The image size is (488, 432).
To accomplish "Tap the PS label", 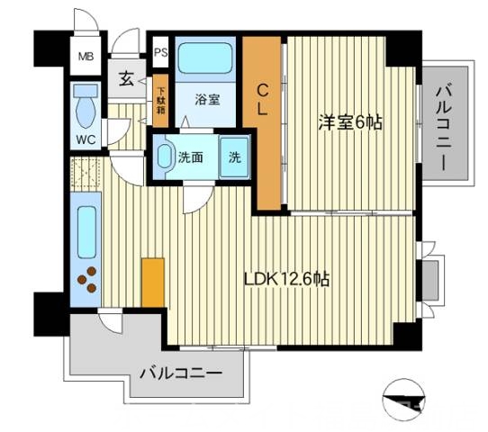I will pos(160,52).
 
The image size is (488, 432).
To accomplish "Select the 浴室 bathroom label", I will pos(207,100).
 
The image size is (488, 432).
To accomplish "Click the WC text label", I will pos(86,139).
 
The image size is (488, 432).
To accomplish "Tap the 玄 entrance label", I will pos(125,77).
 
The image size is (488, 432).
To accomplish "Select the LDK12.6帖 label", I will pos(286,279).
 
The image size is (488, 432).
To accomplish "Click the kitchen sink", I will pos(87,230).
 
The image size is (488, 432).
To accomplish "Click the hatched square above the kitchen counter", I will pos(88,171).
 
